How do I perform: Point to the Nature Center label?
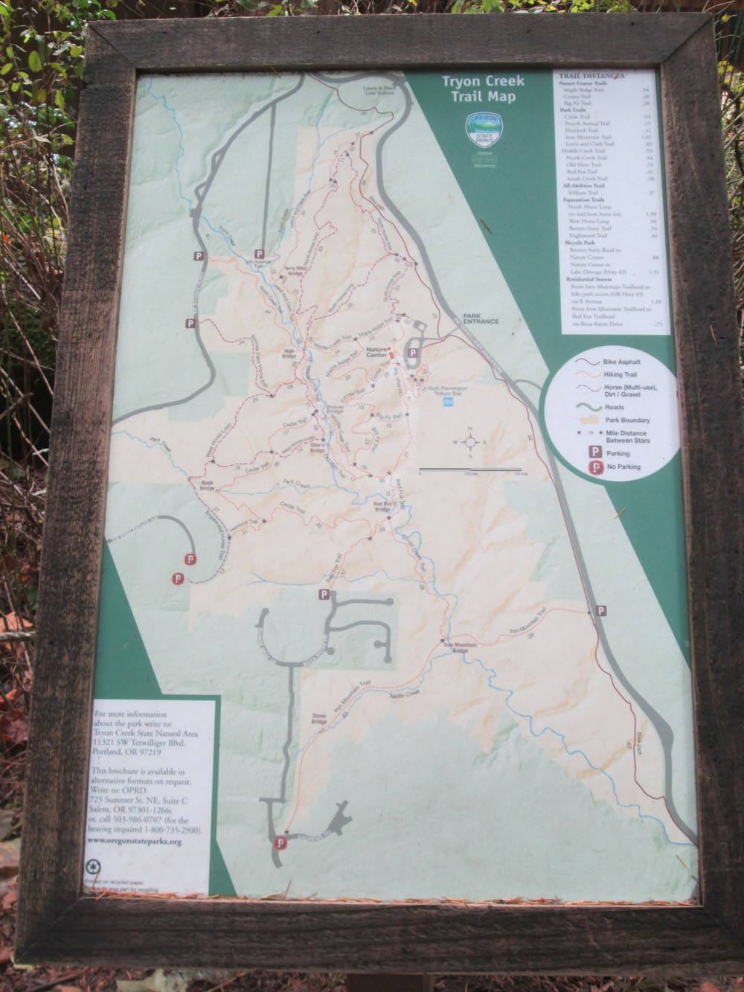click(x=376, y=349)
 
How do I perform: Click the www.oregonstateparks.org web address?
click(x=135, y=842)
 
